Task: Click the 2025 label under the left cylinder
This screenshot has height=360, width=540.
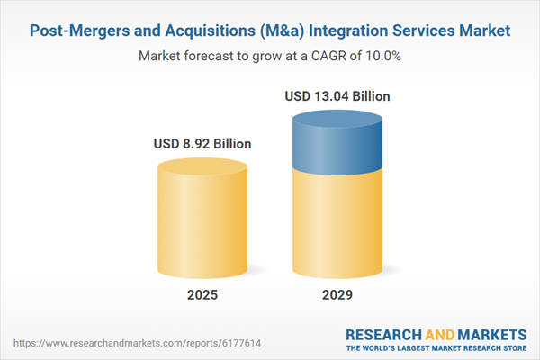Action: (x=202, y=295)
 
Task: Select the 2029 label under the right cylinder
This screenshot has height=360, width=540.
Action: (x=337, y=295)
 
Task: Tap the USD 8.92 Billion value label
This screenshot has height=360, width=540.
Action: (x=202, y=143)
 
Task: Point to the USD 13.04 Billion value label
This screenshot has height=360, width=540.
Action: (x=337, y=95)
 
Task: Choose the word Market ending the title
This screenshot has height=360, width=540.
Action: (x=484, y=31)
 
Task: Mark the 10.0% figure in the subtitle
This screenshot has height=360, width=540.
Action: (x=380, y=56)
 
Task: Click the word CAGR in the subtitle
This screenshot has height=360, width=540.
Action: (x=319, y=56)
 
